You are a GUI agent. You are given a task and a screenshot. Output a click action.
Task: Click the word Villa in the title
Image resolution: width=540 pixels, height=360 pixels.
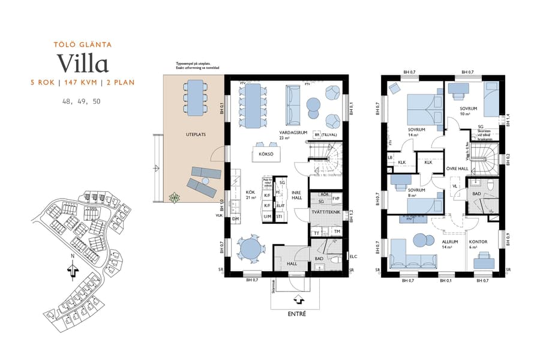point(83,63)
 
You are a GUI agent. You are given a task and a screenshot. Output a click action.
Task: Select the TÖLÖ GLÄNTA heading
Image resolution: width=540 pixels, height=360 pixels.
point(83,44)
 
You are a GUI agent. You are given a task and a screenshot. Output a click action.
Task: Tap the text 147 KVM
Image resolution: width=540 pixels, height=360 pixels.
point(81,82)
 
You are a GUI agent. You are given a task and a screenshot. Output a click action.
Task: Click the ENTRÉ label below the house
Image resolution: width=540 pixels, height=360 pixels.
point(298,314)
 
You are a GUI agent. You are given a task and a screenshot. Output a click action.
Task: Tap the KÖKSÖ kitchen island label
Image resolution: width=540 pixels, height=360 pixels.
point(266,154)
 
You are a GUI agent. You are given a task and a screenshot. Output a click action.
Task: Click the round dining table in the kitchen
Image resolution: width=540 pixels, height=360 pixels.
point(248,248)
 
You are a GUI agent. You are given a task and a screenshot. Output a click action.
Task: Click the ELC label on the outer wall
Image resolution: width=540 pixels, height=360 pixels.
point(353,257)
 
